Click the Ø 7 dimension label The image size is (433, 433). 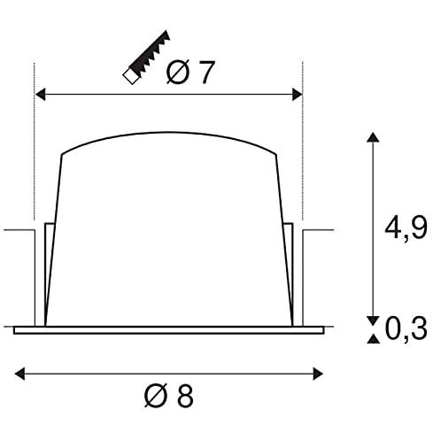pos(189,73)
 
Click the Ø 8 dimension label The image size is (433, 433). pos(169,396)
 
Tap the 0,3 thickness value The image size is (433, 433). pos(406,329)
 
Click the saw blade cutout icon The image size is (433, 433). pos(146,57)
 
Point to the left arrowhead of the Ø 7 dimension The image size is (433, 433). pos(40,94)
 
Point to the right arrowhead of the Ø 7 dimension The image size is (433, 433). pos(298,94)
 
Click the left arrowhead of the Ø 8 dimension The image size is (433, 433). pos(19,374)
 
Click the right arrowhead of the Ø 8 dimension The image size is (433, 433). pos(318,374)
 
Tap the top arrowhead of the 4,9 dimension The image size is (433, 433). pos(373,137)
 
